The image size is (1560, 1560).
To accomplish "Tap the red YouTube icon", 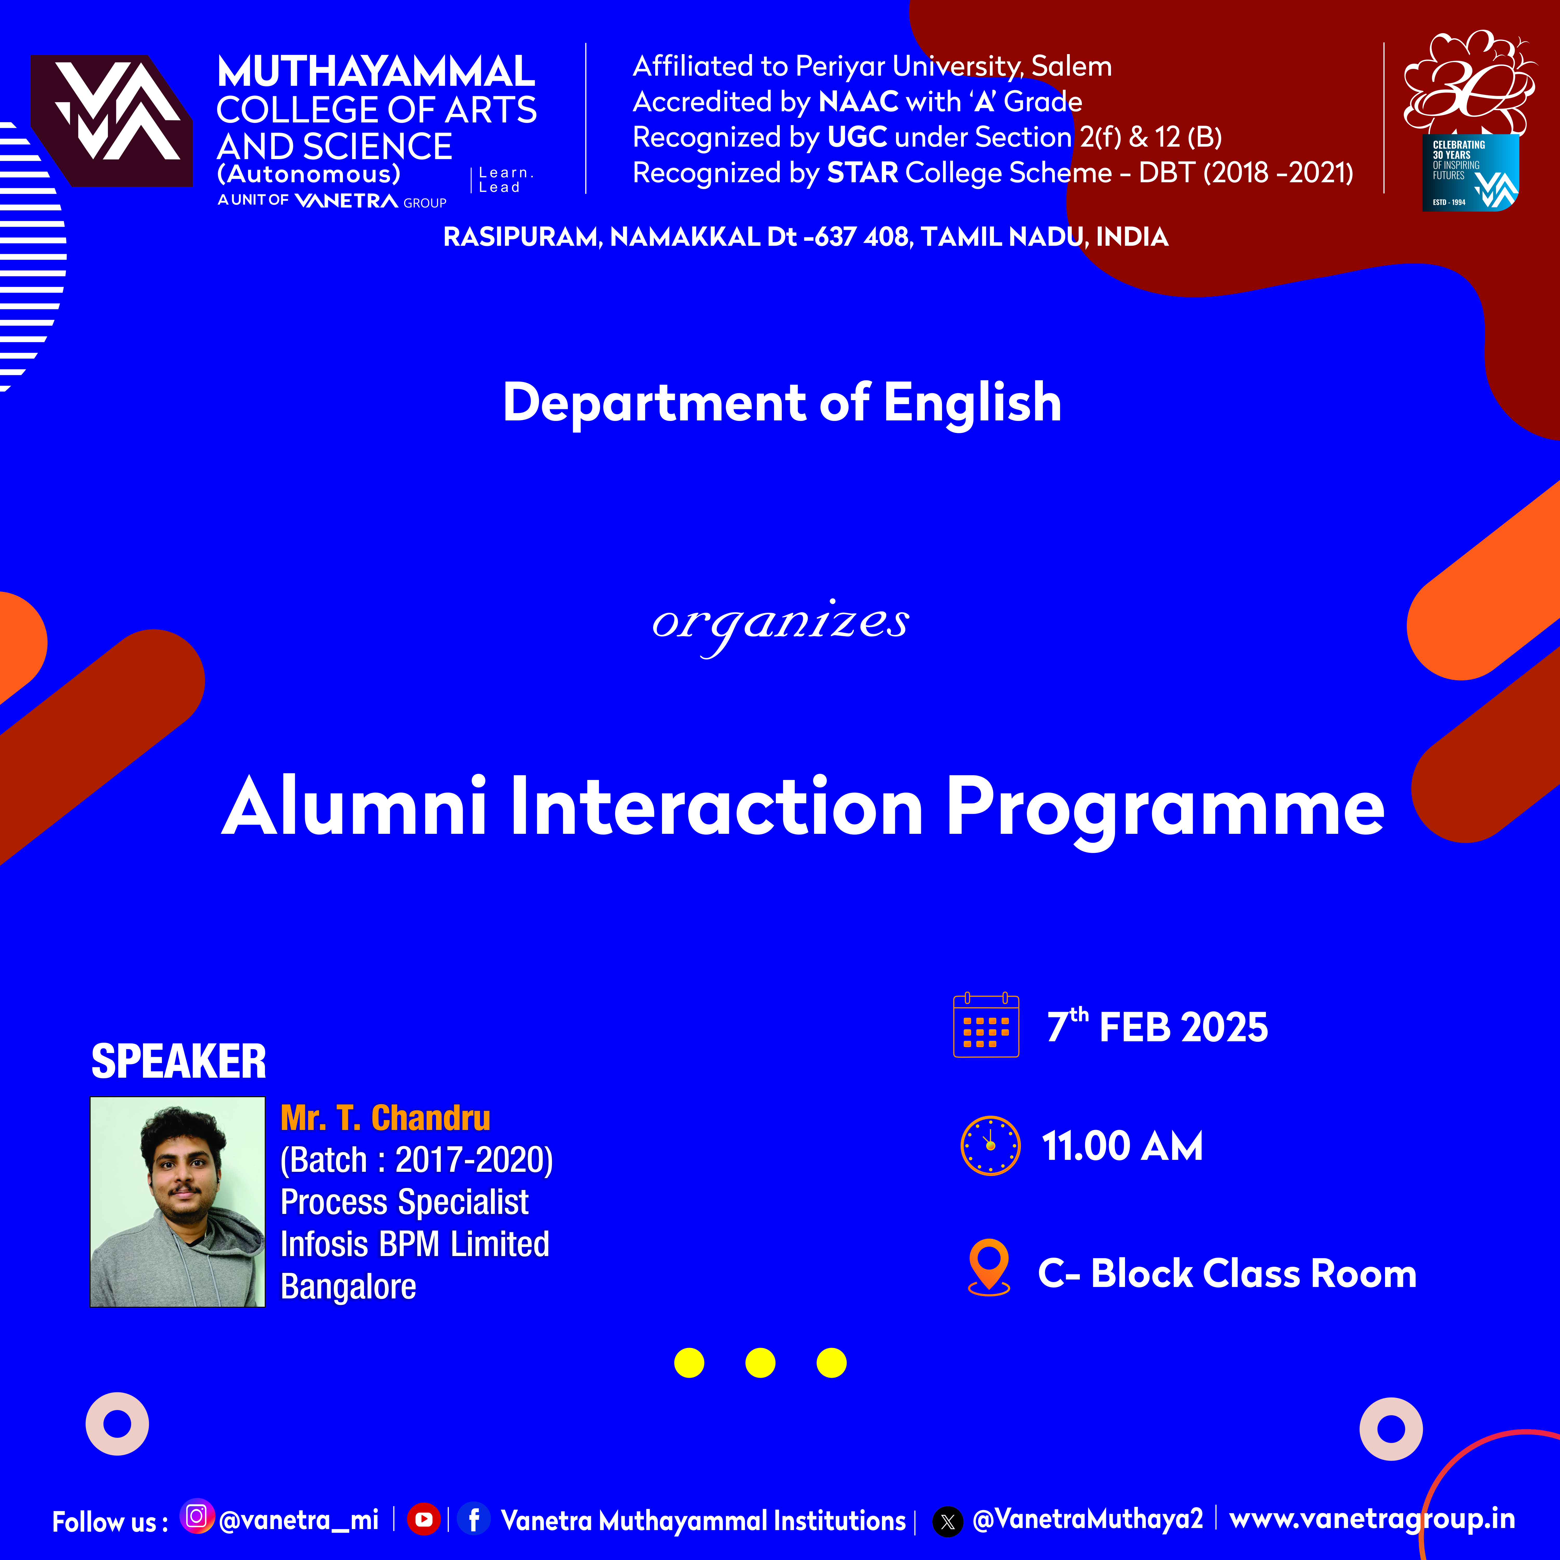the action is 423,1519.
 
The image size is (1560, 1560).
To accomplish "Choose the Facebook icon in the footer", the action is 474,1519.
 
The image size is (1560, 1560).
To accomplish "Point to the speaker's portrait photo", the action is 178,1201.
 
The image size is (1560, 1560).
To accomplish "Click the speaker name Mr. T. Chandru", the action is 385,1118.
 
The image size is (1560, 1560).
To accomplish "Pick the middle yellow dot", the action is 760,1363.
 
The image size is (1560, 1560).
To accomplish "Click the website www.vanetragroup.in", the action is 1372,1520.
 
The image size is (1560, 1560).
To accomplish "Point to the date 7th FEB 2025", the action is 1157,1026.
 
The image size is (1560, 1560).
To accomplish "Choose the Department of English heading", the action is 782,402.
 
